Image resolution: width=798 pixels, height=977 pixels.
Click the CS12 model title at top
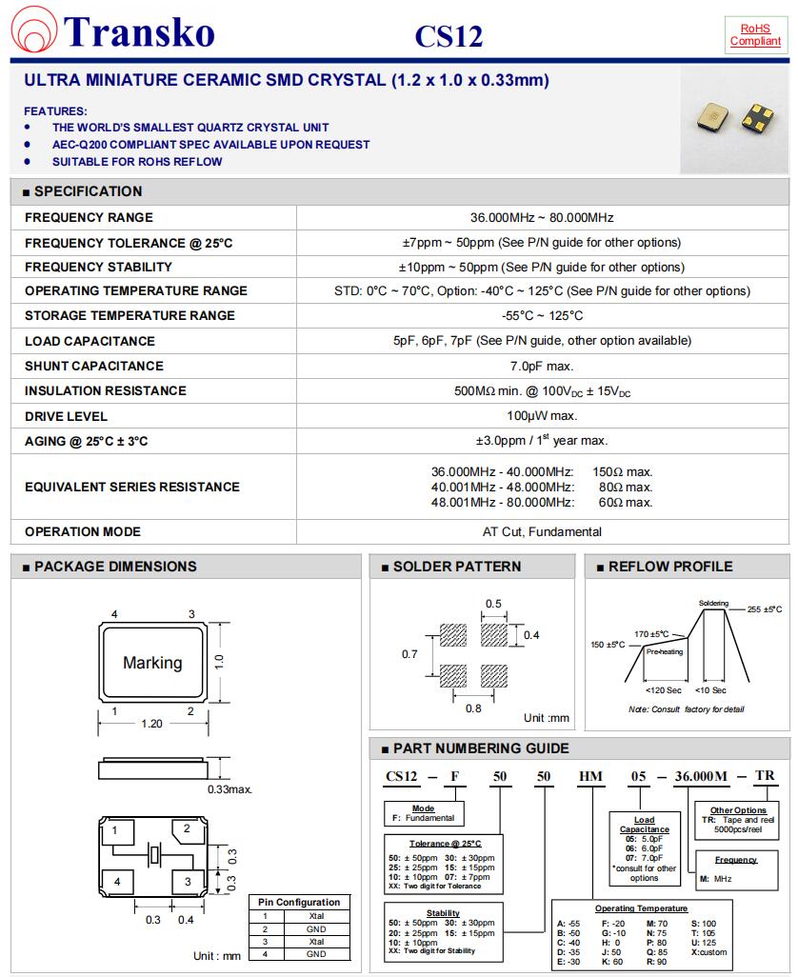pyautogui.click(x=449, y=36)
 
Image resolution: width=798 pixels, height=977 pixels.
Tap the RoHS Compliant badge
pyautogui.click(x=754, y=35)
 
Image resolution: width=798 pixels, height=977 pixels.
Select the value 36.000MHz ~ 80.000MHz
pyautogui.click(x=542, y=217)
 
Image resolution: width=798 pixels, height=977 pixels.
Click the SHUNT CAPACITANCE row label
pyautogui.click(x=94, y=366)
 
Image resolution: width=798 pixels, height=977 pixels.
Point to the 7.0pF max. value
pyautogui.click(x=542, y=366)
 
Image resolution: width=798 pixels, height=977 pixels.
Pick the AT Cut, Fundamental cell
pyautogui.click(x=542, y=531)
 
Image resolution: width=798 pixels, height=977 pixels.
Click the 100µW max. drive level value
pyautogui.click(x=542, y=416)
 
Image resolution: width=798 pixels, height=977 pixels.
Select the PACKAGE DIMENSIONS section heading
pyautogui.click(x=114, y=567)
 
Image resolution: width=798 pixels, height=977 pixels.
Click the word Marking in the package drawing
pyautogui.click(x=152, y=663)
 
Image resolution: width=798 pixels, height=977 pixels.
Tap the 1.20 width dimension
pyautogui.click(x=151, y=724)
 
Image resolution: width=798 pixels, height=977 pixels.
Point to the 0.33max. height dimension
pyautogui.click(x=229, y=789)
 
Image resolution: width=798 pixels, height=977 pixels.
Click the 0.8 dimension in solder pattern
pyautogui.click(x=473, y=708)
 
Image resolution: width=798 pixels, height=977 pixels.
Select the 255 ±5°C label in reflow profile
pyautogui.click(x=764, y=609)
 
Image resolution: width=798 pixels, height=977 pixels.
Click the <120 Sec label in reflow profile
pyautogui.click(x=663, y=690)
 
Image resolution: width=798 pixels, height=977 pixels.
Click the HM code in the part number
pyautogui.click(x=591, y=776)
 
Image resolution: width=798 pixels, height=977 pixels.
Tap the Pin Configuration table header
pyautogui.click(x=300, y=902)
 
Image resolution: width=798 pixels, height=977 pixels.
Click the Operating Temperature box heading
pyautogui.click(x=641, y=909)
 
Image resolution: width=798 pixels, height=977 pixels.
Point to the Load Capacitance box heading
pyautogui.click(x=645, y=825)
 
